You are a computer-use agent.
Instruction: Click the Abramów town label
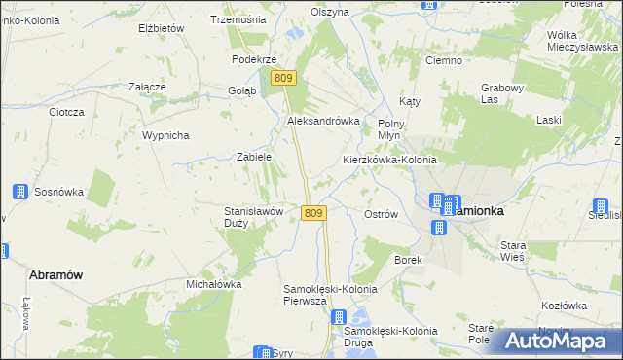point(55,274)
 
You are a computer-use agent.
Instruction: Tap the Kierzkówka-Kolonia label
point(388,160)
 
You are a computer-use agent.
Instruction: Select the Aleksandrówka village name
point(323,121)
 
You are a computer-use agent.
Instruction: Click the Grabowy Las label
point(503,92)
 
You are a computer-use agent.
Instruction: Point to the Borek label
point(406,260)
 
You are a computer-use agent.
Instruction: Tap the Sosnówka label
point(59,192)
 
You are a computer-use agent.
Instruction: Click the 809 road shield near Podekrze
point(283,78)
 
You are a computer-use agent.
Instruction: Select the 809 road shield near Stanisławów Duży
point(312,213)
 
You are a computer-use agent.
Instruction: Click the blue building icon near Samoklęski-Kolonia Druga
point(338,317)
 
